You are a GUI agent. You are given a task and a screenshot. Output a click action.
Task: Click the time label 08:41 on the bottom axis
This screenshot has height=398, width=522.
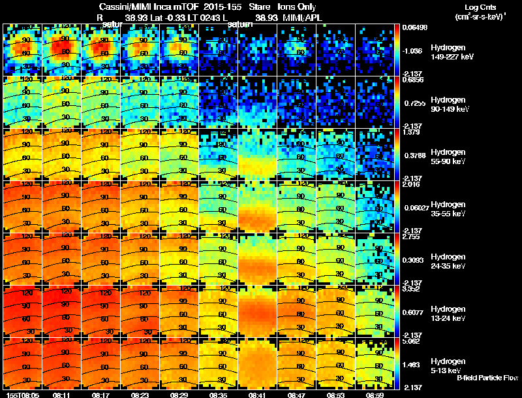(257, 395)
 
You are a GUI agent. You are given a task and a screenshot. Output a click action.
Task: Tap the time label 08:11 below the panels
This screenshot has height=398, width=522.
(61, 395)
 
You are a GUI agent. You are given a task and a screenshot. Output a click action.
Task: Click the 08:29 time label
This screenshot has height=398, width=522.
(179, 395)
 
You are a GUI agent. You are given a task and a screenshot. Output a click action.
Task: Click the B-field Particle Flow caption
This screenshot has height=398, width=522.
(487, 378)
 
